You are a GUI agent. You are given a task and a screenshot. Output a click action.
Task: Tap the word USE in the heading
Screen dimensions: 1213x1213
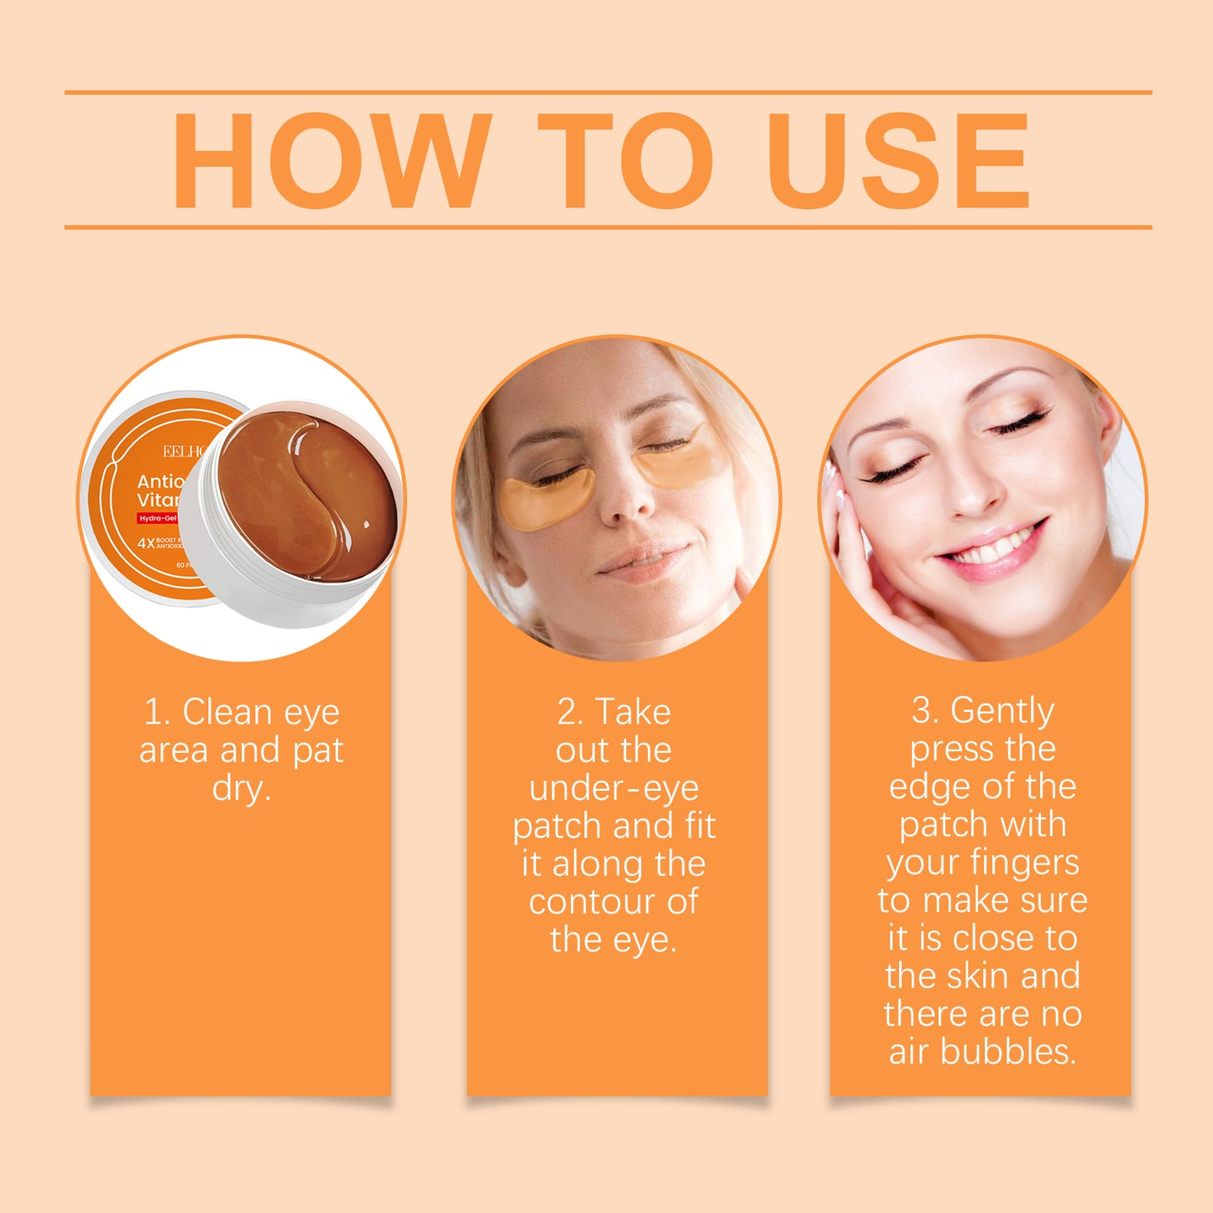(897, 159)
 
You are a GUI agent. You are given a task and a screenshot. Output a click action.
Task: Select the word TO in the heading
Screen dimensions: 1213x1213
(625, 159)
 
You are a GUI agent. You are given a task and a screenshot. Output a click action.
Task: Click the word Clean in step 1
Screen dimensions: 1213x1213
(227, 712)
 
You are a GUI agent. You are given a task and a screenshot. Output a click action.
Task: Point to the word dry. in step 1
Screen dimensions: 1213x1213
(242, 788)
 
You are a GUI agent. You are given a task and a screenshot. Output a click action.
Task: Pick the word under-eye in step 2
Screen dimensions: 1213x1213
(614, 788)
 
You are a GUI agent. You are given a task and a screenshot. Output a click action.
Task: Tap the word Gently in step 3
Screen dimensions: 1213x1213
(1001, 711)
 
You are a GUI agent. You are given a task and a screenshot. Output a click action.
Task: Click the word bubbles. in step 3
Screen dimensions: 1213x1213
(1008, 1052)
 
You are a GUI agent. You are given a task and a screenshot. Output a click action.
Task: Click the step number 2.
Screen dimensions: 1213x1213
(569, 712)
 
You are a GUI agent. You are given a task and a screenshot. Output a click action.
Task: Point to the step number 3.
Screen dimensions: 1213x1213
(925, 711)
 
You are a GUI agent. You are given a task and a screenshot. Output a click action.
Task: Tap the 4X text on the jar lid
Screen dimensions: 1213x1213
(146, 543)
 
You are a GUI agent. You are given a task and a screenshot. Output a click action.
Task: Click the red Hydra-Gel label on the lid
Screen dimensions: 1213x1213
(158, 519)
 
